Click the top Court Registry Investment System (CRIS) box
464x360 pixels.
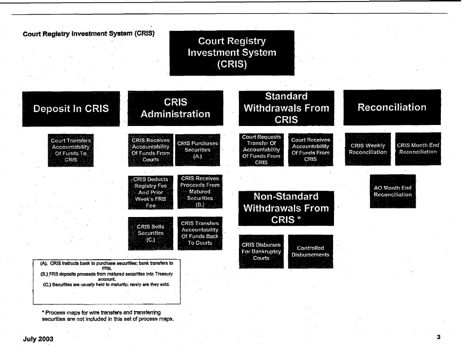(x=232, y=53)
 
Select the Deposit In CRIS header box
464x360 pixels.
(x=71, y=109)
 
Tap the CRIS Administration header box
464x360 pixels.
(x=176, y=108)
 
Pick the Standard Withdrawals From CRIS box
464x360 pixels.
(x=286, y=108)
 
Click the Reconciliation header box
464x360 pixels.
(x=392, y=107)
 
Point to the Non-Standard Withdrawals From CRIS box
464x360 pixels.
(x=286, y=208)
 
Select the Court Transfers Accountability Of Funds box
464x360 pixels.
(x=71, y=150)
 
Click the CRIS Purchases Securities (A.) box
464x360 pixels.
(x=198, y=150)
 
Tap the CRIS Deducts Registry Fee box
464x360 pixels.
(x=151, y=192)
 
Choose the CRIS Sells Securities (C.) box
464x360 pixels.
(x=151, y=233)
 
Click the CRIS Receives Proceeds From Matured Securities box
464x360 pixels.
(x=200, y=191)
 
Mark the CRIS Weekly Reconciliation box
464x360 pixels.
(x=368, y=149)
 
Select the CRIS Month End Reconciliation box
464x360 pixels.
(x=418, y=149)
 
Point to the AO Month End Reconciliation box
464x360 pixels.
(x=393, y=191)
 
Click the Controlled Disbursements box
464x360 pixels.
(x=310, y=251)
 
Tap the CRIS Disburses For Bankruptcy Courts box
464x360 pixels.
(x=262, y=251)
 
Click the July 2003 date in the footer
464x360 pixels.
(x=38, y=339)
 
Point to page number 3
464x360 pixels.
(x=438, y=337)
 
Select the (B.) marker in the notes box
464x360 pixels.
(x=44, y=274)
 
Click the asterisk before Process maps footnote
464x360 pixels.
(x=43, y=312)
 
